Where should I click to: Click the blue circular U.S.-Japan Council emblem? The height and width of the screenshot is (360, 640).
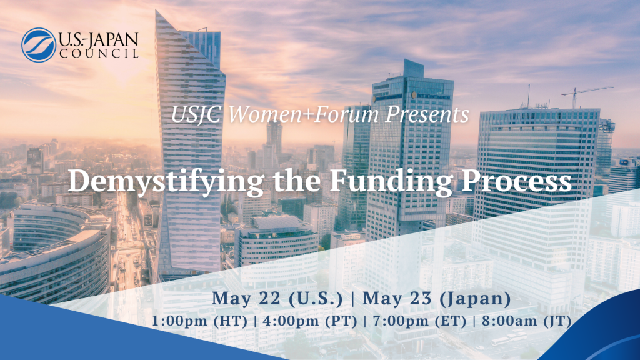(x=38, y=45)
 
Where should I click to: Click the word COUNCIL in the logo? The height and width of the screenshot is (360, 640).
(x=99, y=54)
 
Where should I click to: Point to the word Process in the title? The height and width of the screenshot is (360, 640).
(x=517, y=181)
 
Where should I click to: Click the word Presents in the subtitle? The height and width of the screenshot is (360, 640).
(x=427, y=114)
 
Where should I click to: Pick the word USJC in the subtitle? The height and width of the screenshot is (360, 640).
(x=196, y=115)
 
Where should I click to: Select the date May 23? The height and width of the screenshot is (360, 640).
(x=397, y=299)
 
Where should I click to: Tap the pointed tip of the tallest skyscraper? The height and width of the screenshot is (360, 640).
(x=156, y=11)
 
